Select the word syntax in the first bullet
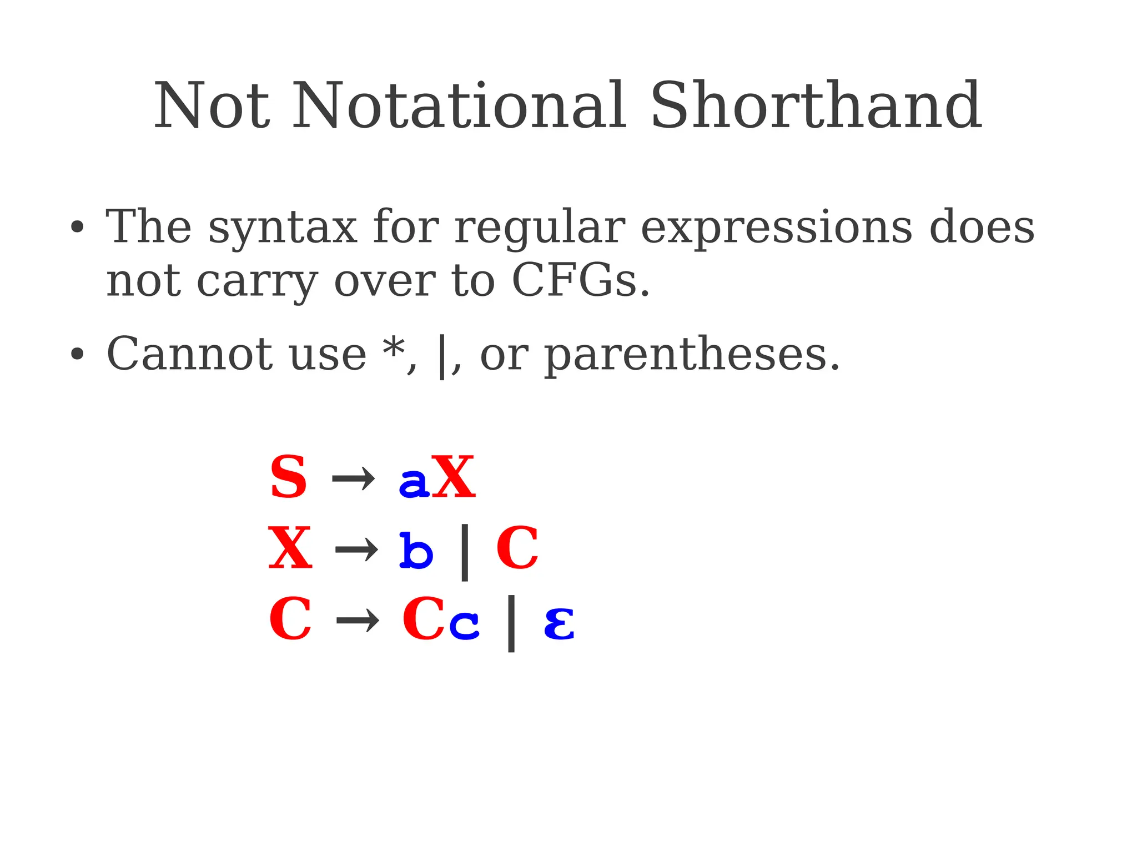pyautogui.click(x=283, y=228)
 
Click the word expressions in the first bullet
pyautogui.click(x=776, y=228)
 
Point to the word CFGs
pyautogui.click(x=580, y=280)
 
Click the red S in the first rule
pyautogui.click(x=288, y=477)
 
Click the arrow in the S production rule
pyautogui.click(x=353, y=478)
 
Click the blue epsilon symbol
pyautogui.click(x=559, y=623)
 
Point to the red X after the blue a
pyautogui.click(x=453, y=477)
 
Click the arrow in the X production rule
pyautogui.click(x=356, y=550)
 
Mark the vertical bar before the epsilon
pyautogui.click(x=511, y=623)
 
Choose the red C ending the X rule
pyautogui.click(x=517, y=549)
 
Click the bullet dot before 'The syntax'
pyautogui.click(x=77, y=227)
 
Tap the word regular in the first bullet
pyautogui.click(x=540, y=228)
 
